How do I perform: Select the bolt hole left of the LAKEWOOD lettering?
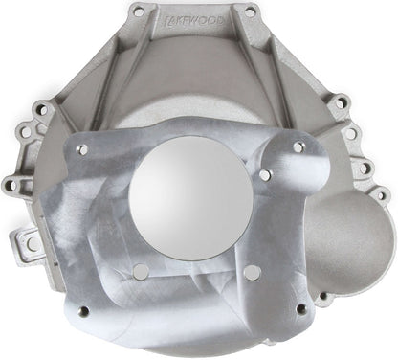[139, 12]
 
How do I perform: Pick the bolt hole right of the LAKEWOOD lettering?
[251, 12]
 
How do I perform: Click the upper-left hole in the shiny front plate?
[82, 149]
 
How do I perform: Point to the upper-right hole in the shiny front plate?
[298, 146]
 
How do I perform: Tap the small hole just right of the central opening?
[265, 174]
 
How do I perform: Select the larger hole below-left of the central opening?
[141, 271]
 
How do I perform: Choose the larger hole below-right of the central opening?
[252, 272]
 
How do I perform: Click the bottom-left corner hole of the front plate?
[83, 311]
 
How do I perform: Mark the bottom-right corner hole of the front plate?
[302, 308]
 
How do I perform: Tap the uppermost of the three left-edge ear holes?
[42, 109]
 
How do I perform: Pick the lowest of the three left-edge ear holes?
[11, 184]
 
